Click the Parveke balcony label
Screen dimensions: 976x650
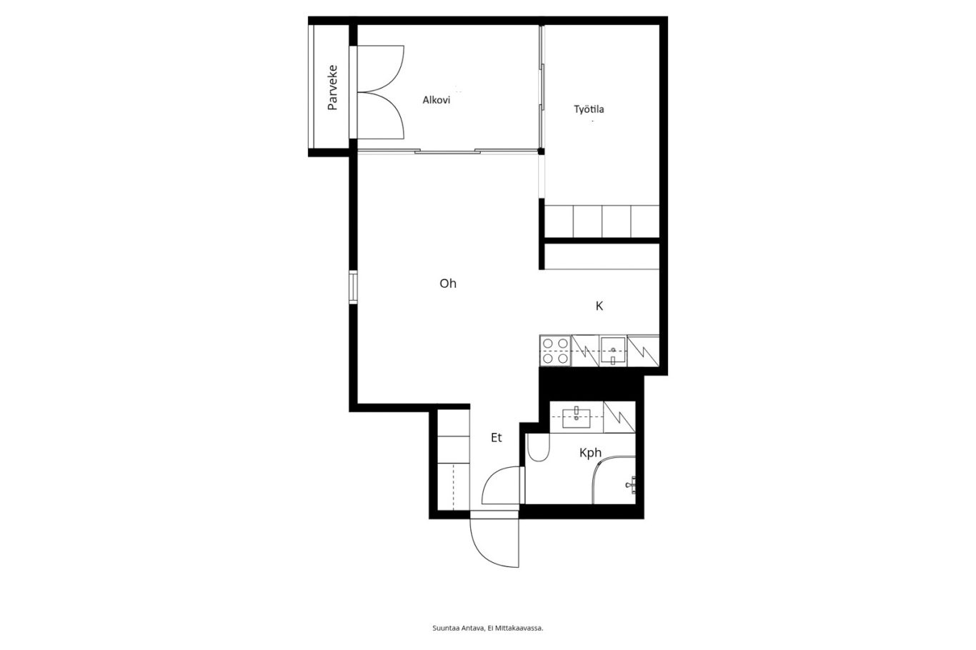coord(332,88)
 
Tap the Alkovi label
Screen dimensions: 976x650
coord(436,100)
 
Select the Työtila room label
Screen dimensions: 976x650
coord(589,109)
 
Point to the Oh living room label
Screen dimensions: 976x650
coord(448,284)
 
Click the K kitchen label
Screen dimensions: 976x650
coord(599,306)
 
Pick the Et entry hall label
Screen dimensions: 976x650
coord(497,437)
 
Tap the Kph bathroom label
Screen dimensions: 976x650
coord(590,453)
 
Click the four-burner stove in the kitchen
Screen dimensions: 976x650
coord(556,351)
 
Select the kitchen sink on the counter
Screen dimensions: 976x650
coord(613,351)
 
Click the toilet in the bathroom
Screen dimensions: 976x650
coord(539,447)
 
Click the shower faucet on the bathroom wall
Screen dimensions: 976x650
coord(632,485)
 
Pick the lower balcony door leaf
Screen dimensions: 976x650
coord(381,116)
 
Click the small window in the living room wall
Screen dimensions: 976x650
coord(354,287)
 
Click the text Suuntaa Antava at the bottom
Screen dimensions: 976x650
coord(458,629)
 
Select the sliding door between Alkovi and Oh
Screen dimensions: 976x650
coord(447,151)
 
